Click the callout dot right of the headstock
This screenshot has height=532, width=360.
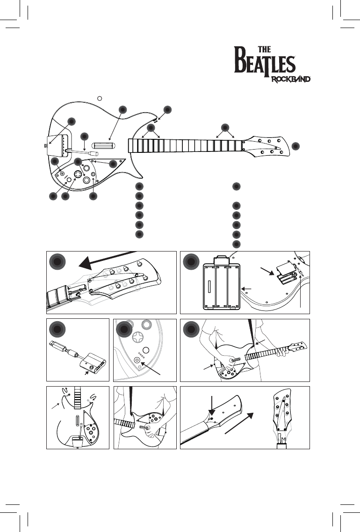click(295, 146)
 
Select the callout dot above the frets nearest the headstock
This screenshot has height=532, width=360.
click(225, 127)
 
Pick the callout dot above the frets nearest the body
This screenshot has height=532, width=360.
click(151, 128)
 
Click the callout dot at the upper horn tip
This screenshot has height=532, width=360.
click(167, 110)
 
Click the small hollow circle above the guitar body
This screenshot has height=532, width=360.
click(100, 98)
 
